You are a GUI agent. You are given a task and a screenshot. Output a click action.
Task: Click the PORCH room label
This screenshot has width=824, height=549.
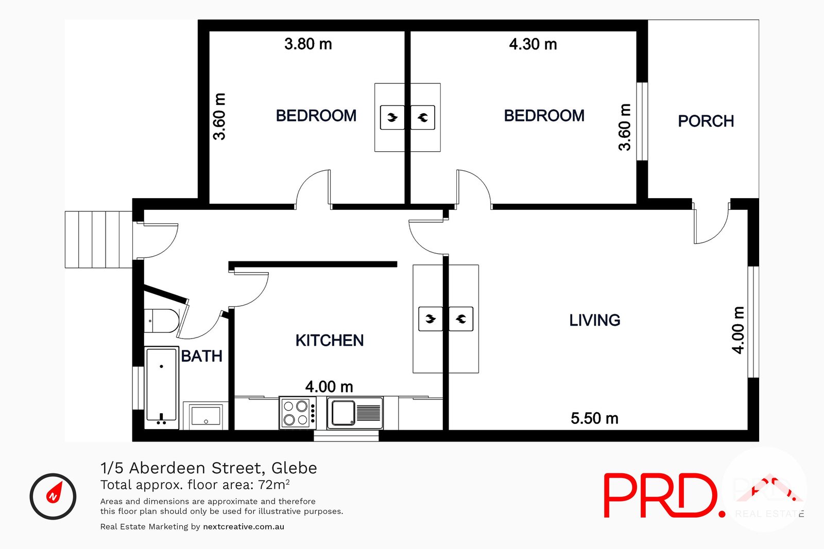coord(706,121)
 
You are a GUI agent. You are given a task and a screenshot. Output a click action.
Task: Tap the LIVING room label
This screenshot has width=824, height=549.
coord(594,320)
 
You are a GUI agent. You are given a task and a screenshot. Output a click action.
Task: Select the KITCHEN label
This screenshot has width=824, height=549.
coord(330,340)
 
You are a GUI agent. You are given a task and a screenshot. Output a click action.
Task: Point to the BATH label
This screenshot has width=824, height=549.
coord(201,356)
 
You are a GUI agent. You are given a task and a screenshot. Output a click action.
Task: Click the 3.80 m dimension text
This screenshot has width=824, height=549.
coord(308,44)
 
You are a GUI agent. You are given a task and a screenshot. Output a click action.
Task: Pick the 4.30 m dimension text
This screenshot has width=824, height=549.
coord(533,44)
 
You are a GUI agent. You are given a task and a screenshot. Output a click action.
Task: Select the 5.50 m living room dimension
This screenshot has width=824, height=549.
coord(594,418)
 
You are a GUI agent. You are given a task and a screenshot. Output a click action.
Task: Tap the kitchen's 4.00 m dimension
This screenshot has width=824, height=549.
coord(329,387)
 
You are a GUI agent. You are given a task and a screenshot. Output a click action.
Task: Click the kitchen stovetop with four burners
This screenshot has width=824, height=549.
coord(296,413)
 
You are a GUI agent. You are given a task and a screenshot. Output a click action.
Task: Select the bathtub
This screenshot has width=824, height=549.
coord(162,385)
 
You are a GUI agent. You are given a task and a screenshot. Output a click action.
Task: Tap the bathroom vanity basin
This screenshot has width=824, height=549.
coord(205,416)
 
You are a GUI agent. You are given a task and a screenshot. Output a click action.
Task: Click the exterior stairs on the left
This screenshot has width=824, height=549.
coord(98,240)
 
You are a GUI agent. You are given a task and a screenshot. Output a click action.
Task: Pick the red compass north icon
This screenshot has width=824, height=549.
coord(53,496)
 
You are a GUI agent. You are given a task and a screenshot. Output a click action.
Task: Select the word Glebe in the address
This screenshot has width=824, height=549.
coord(294,468)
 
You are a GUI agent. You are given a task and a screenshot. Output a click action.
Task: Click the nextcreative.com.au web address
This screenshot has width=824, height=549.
coord(244,526)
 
